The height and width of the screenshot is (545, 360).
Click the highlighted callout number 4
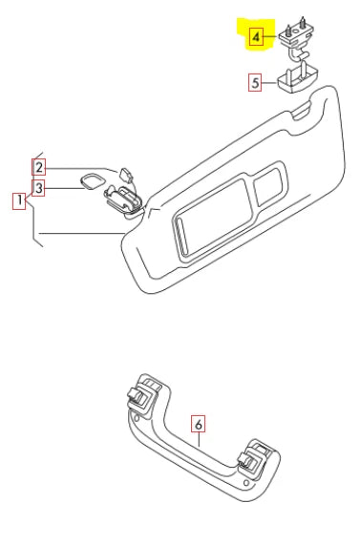[x=256, y=38]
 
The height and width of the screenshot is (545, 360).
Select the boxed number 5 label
[x=255, y=83]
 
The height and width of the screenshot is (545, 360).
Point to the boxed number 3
[x=38, y=189]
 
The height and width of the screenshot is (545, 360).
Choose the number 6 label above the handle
[x=199, y=420]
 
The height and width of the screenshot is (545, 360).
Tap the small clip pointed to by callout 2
[x=124, y=173]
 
